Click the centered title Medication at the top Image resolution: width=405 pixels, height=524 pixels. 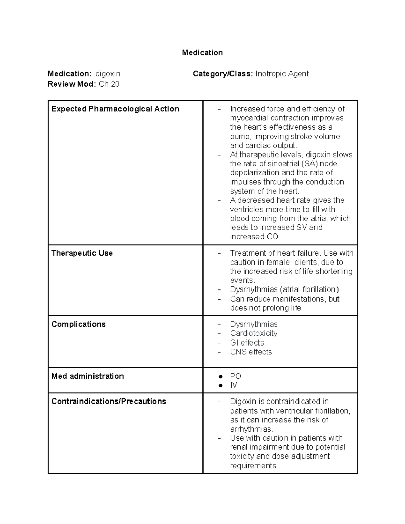coord(202,53)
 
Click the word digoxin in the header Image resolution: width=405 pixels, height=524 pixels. coord(108,74)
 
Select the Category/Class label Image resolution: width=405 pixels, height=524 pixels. coord(223,74)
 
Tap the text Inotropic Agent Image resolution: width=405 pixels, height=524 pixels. coord(282,74)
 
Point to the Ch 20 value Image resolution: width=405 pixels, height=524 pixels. coord(109,84)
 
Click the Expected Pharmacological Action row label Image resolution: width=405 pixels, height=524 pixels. coord(115,109)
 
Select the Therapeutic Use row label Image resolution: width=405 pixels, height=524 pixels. coord(82,253)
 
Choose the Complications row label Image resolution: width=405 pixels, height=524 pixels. coord(78,324)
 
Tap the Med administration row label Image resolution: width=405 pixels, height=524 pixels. coord(87,376)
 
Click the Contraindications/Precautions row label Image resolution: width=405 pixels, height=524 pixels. coord(109,402)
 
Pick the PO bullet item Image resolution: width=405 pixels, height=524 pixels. coord(236,376)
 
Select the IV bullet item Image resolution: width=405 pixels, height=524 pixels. coord(234,385)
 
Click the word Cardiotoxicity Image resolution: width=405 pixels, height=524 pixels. coord(254,333)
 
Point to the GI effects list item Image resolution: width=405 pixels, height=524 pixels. coord(247,343)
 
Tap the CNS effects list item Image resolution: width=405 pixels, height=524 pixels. coord(251,352)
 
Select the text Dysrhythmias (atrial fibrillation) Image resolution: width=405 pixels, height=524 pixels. coord(285,289)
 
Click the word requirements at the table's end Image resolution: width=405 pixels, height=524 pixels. coord(254,466)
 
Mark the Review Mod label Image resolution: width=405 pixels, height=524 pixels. coord(72,84)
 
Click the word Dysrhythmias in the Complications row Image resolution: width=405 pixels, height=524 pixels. coord(254,324)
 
